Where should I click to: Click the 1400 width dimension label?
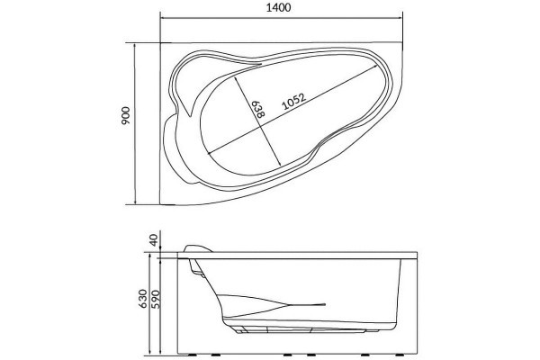coord(278,7)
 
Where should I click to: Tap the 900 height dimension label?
coord(126,115)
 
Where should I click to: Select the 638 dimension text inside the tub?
coord(257,109)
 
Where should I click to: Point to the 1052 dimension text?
coord(293,102)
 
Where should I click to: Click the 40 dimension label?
coord(154,239)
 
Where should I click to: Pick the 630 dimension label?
coord(142,298)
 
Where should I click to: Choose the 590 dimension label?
coord(156,299)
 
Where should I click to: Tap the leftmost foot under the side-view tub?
coord(189,355)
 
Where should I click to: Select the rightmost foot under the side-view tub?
coord(400,355)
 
